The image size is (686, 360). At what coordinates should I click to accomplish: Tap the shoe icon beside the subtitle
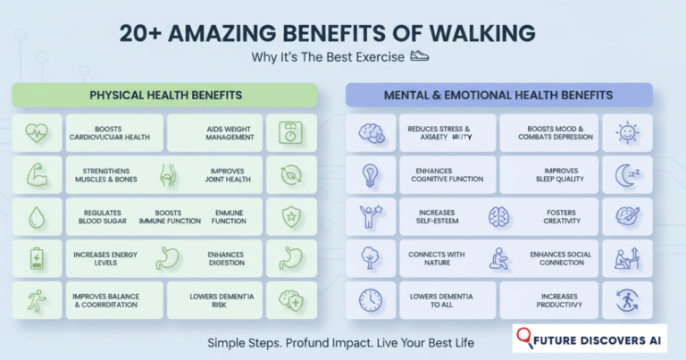pyautogui.click(x=420, y=56)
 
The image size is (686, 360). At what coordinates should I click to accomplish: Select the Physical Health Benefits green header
pyautogui.click(x=164, y=95)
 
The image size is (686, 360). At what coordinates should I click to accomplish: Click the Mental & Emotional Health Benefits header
pyautogui.click(x=498, y=95)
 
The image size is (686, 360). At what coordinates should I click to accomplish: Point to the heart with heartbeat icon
pyautogui.click(x=35, y=132)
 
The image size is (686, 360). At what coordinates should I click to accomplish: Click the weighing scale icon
pyautogui.click(x=292, y=132)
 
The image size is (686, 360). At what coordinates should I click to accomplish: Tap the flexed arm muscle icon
pyautogui.click(x=35, y=174)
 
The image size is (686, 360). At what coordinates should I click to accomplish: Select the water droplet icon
pyautogui.click(x=35, y=217)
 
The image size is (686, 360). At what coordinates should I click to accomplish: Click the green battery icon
pyautogui.click(x=35, y=260)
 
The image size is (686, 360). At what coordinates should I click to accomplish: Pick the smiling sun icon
pyautogui.click(x=628, y=132)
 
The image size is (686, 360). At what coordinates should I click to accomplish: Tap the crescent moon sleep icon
pyautogui.click(x=628, y=174)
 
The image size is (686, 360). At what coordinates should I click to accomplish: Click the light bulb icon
pyautogui.click(x=369, y=174)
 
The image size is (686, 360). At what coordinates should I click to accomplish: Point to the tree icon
pyautogui.click(x=369, y=260)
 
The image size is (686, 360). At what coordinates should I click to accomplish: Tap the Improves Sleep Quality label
pyautogui.click(x=557, y=174)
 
